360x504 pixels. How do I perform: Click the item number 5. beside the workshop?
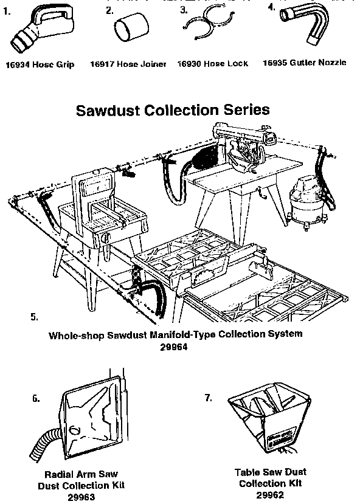(x=34, y=317)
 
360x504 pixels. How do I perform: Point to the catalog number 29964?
(x=175, y=348)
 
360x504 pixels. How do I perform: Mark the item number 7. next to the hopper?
(x=209, y=398)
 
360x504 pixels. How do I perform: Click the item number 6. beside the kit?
(x=36, y=399)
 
